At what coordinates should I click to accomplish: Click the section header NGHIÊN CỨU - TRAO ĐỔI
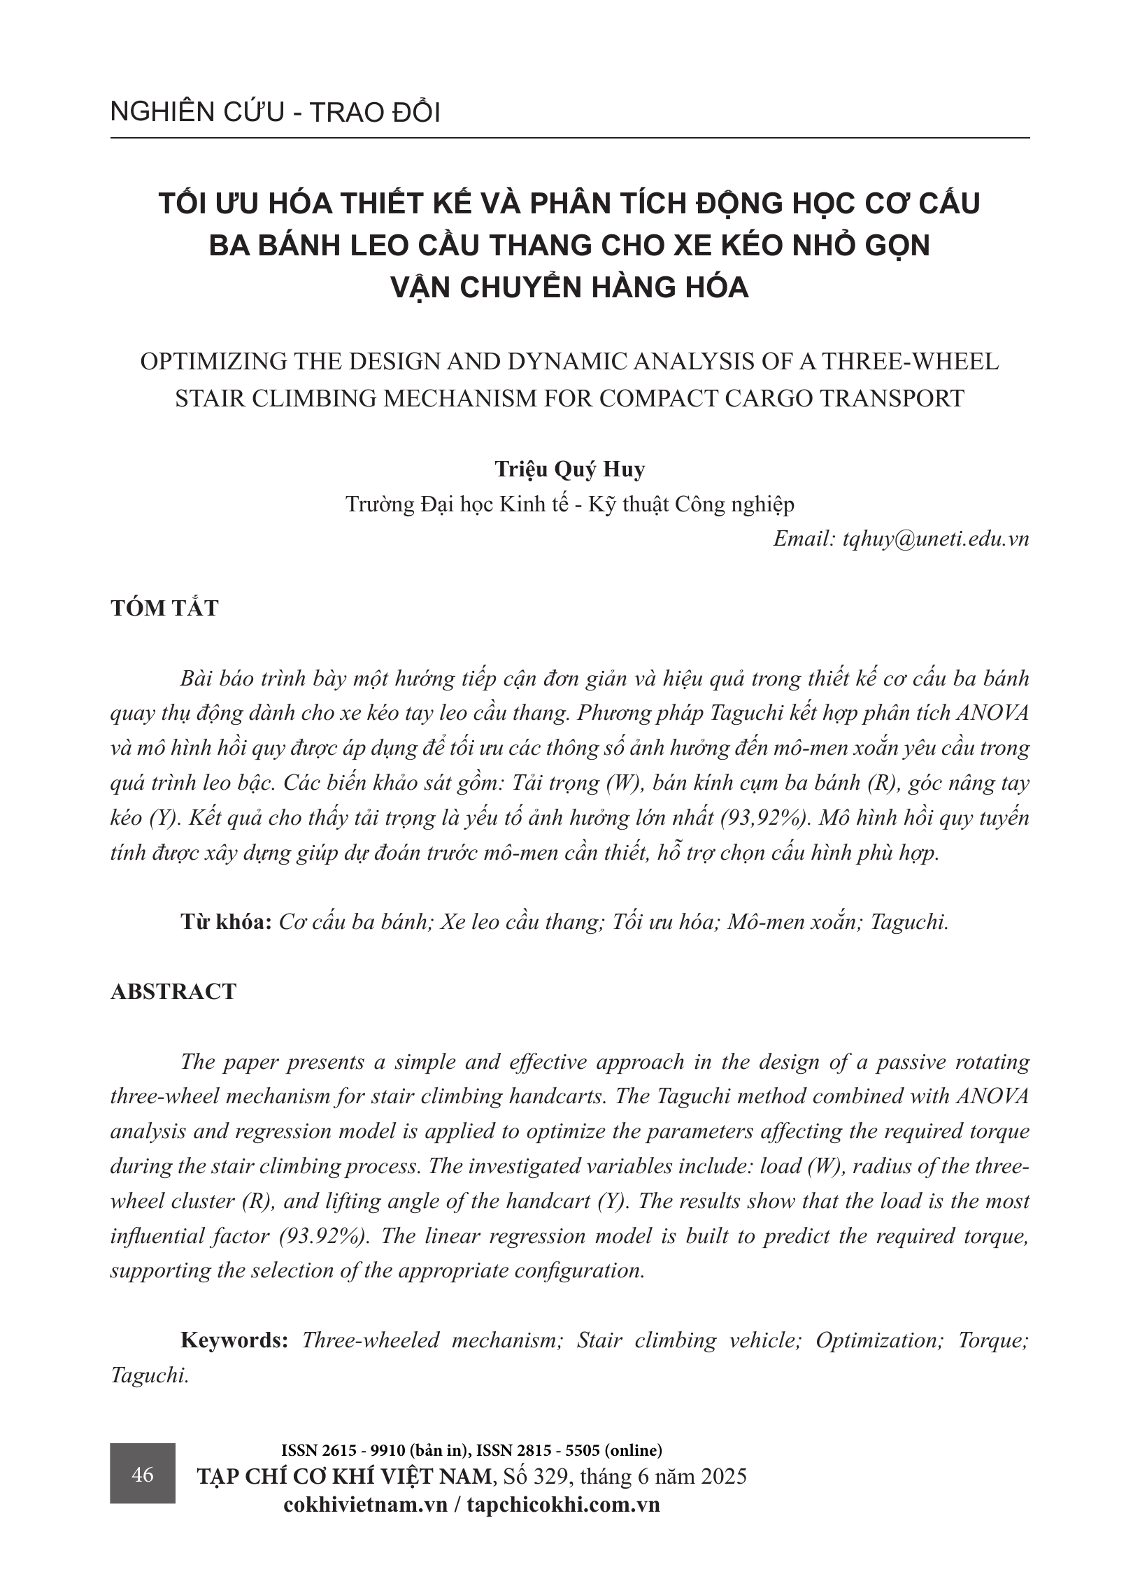click(x=275, y=113)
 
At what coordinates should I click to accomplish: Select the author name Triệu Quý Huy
click(x=569, y=469)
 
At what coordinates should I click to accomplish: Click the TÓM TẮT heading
click(x=164, y=608)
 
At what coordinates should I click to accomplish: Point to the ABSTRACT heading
click(x=173, y=991)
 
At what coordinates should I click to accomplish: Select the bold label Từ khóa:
click(x=226, y=921)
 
